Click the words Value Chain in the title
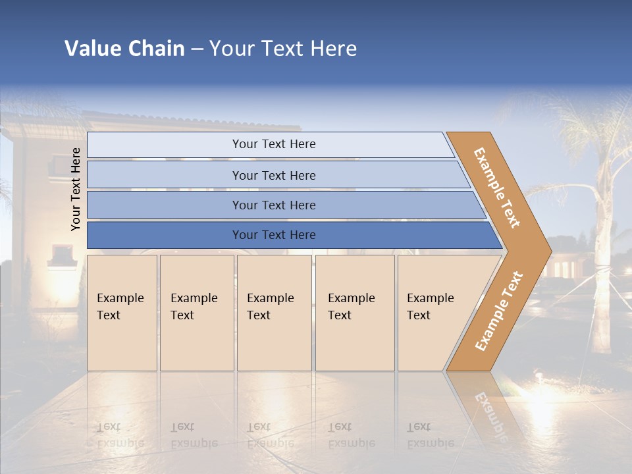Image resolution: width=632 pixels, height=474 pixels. (124, 48)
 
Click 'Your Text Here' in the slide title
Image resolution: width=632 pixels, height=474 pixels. (283, 48)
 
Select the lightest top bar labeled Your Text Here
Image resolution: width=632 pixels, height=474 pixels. (274, 144)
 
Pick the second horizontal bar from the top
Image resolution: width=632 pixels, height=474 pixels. (274, 175)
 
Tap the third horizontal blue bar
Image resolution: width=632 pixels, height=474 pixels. (274, 205)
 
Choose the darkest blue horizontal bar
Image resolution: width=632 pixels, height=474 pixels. (274, 235)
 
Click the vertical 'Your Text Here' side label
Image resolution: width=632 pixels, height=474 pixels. (76, 189)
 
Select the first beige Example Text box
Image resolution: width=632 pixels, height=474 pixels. (122, 313)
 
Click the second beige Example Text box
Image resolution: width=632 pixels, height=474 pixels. (196, 313)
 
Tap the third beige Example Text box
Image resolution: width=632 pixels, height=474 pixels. (274, 313)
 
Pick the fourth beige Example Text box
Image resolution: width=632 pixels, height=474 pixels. (354, 313)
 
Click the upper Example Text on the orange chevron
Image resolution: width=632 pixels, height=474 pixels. (497, 188)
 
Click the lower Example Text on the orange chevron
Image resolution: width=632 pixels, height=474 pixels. (498, 311)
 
